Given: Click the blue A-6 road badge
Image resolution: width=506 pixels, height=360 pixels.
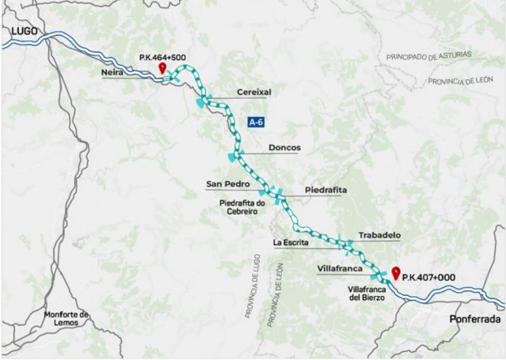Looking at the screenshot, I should pyautogui.click(x=257, y=123).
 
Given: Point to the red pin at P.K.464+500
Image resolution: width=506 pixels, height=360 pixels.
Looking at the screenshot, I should pyautogui.click(x=162, y=69).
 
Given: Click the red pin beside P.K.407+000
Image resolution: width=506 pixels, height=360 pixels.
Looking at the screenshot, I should pyautogui.click(x=395, y=273).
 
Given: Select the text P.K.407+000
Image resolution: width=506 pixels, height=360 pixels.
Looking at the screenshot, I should pyautogui.click(x=431, y=278).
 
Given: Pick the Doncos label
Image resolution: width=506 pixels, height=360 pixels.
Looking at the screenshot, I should pyautogui.click(x=284, y=147).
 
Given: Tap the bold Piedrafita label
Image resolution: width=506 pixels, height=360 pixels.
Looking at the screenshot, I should pyautogui.click(x=325, y=191).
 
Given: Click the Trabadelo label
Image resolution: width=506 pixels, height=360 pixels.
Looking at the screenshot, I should pyautogui.click(x=379, y=235).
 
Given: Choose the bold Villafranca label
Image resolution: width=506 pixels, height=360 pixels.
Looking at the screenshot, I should pyautogui.click(x=340, y=269).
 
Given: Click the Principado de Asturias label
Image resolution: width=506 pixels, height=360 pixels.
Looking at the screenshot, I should pyautogui.click(x=429, y=56).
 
